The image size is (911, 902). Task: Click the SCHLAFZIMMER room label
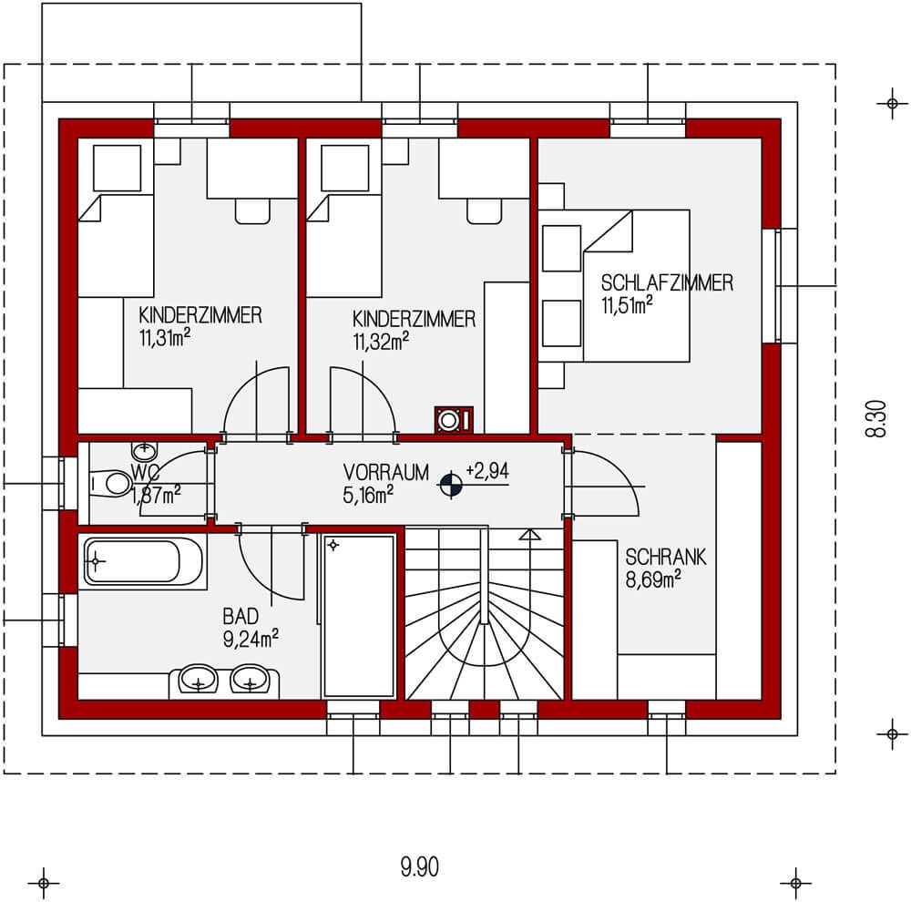tap(667, 283)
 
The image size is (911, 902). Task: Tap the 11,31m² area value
tap(165, 338)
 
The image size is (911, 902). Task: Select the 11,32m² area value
tap(380, 342)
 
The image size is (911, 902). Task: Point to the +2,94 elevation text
tap(486, 471)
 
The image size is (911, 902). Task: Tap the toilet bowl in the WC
tap(110, 483)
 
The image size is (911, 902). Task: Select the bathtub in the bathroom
tap(145, 562)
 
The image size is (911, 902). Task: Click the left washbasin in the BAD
tap(198, 679)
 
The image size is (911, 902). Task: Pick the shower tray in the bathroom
tap(359, 616)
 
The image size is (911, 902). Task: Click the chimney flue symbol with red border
tap(449, 420)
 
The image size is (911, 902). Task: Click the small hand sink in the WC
tap(144, 449)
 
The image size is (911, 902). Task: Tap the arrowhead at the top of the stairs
tap(527, 537)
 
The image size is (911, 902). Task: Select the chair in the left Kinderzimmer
tap(252, 211)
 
